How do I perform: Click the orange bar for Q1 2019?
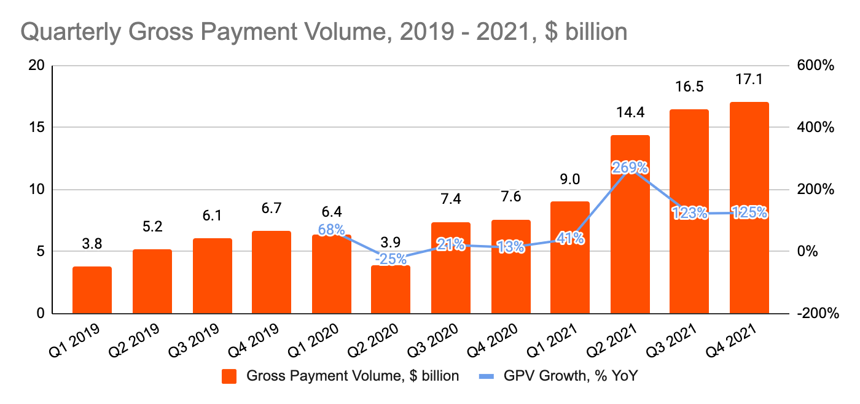tap(92, 290)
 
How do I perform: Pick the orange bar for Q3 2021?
tap(689, 211)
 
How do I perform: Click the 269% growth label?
tap(630, 167)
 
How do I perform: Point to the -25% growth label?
tap(391, 260)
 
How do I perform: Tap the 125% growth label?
tap(749, 213)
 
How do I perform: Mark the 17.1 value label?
tap(749, 80)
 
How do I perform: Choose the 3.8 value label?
tap(92, 244)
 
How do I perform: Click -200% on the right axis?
tap(816, 314)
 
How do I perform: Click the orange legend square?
tap(230, 376)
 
